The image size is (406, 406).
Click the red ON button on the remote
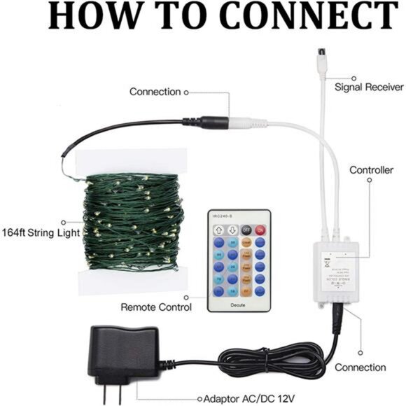point(260,229)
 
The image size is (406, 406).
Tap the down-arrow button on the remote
point(232,229)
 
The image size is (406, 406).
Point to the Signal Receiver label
point(368,87)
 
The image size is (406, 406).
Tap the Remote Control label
point(156,307)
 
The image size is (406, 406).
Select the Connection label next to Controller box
point(360,367)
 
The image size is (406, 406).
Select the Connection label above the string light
point(155,92)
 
